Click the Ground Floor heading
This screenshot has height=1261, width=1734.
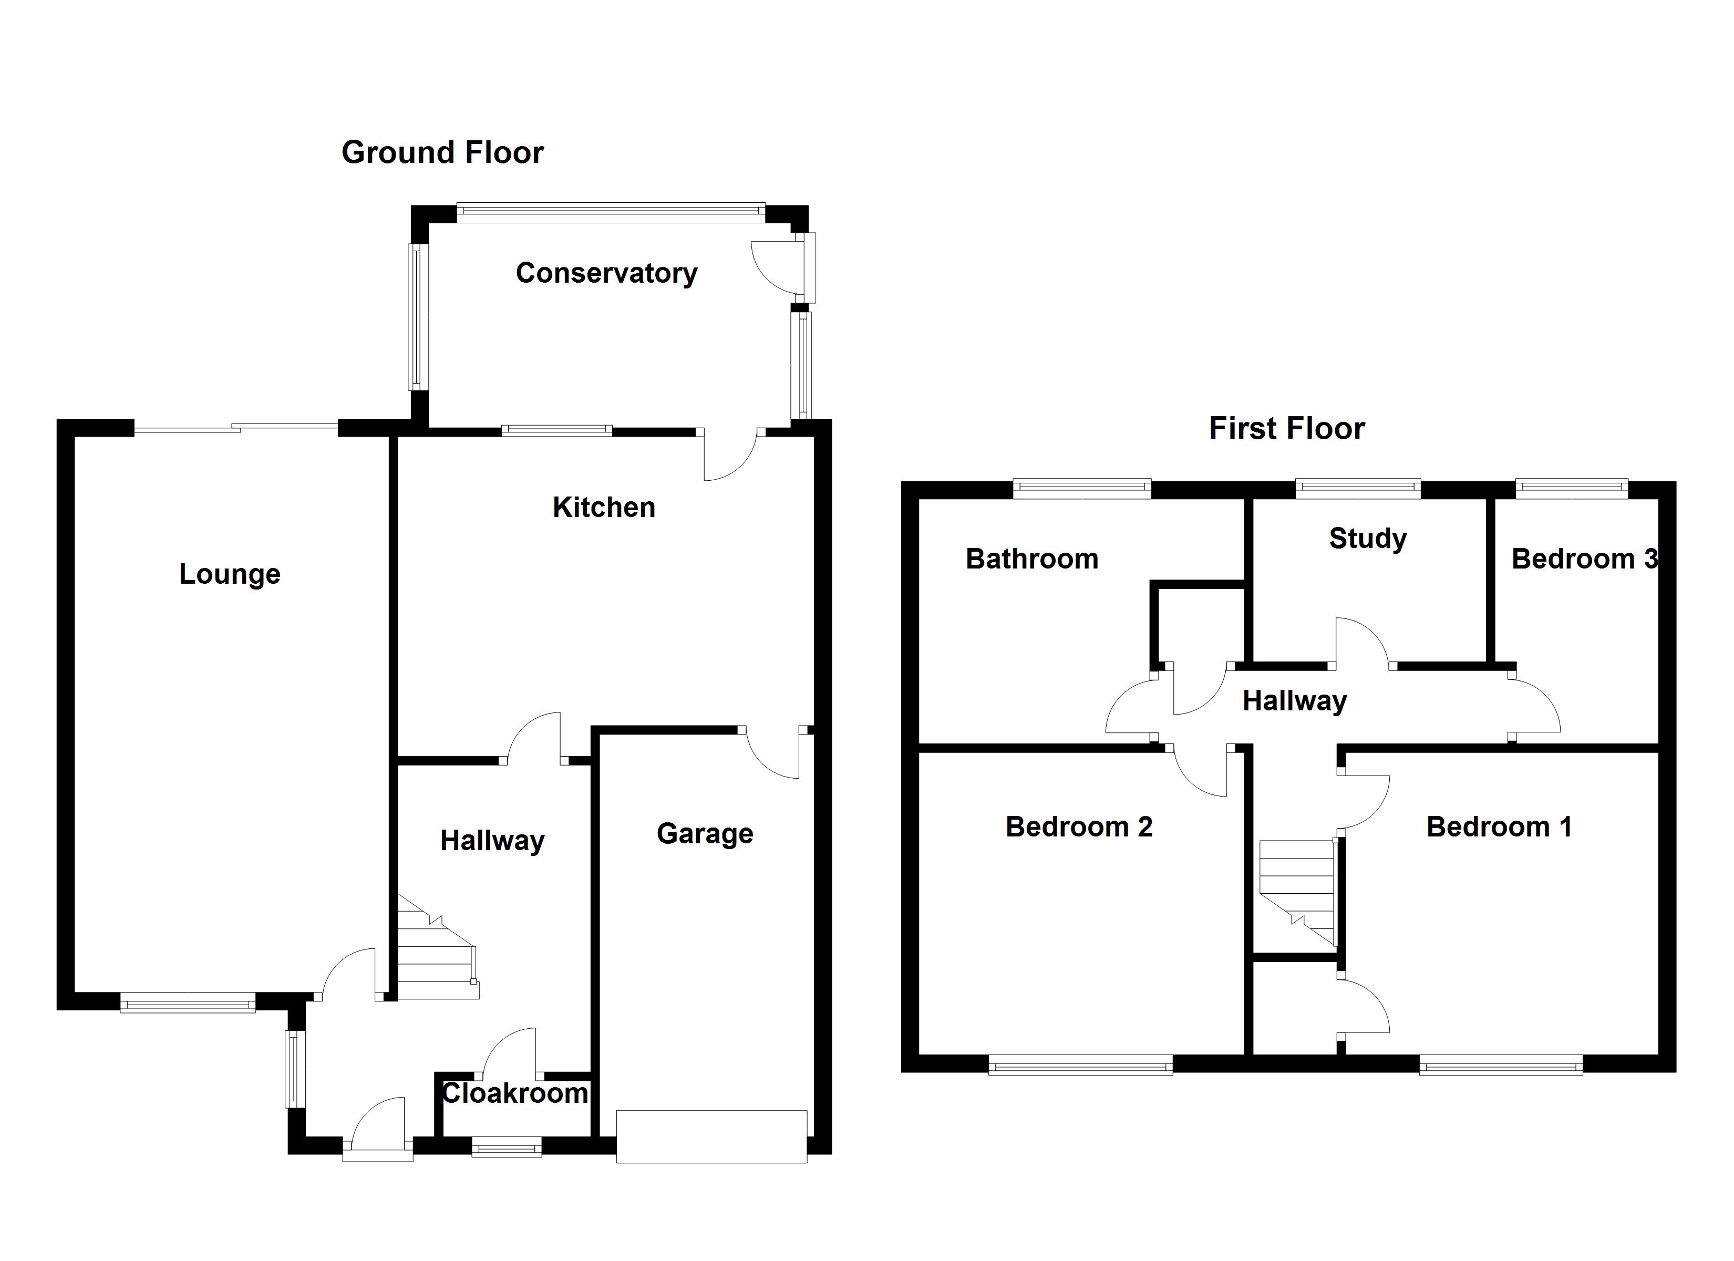[442, 153]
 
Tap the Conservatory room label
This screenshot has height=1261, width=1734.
[606, 273]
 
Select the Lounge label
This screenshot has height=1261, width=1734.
[230, 574]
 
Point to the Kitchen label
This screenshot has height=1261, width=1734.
[604, 508]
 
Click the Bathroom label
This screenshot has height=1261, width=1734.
[1032, 559]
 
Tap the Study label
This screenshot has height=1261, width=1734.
[1368, 539]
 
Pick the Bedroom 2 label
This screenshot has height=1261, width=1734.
[1079, 826]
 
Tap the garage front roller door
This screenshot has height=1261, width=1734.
[711, 1136]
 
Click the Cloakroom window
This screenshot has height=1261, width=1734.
[506, 1147]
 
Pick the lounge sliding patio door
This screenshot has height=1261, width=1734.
[235, 429]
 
